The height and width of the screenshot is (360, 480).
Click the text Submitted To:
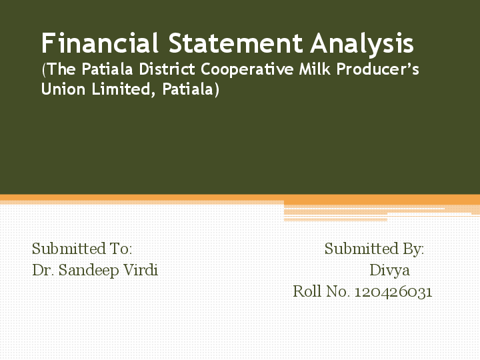82,249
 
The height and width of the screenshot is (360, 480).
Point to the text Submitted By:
374,249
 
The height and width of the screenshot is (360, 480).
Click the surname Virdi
140,271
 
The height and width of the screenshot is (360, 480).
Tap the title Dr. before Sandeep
43,271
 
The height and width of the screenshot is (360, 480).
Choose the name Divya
389,271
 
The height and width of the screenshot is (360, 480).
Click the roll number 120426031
393,292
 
